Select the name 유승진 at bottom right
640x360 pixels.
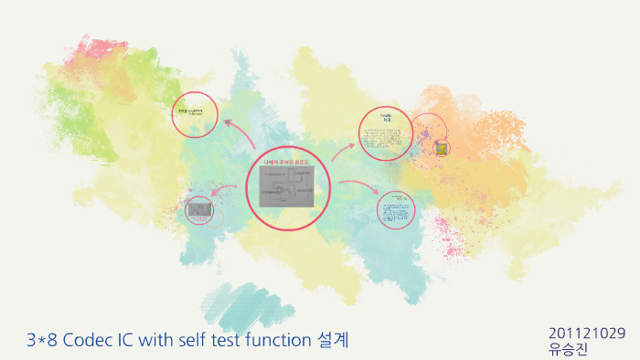[568, 348]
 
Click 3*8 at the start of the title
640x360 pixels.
[41, 342]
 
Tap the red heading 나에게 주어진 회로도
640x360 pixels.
[287, 162]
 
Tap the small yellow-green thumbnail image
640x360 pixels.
[442, 147]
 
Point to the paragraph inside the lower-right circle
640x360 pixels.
[396, 209]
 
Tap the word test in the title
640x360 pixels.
[223, 342]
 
